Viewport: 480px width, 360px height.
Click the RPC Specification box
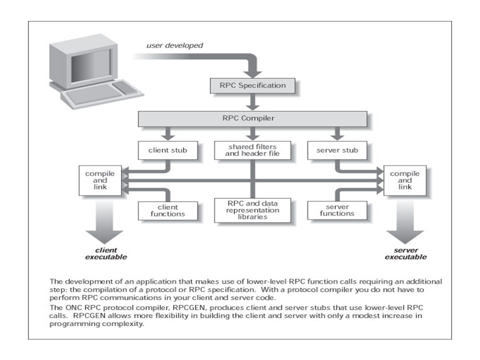click(252, 85)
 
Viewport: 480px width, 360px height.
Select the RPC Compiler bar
click(252, 119)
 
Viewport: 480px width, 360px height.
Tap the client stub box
click(168, 150)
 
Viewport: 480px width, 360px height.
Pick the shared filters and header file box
click(252, 150)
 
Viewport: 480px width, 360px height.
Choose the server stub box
click(337, 150)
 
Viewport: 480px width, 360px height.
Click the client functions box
click(168, 210)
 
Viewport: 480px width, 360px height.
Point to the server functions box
click(337, 210)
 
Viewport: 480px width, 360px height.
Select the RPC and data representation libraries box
click(252, 210)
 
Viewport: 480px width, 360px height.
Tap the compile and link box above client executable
click(100, 180)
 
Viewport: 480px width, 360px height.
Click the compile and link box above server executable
click(404, 180)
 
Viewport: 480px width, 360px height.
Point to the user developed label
click(174, 45)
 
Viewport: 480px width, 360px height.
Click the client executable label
click(106, 254)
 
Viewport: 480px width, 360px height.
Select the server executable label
click(405, 254)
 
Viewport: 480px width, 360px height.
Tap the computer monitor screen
click(91, 65)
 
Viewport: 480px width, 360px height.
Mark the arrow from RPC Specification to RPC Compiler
click(252, 102)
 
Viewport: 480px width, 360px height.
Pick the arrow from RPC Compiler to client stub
click(168, 134)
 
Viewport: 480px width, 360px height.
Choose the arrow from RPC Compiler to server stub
click(337, 134)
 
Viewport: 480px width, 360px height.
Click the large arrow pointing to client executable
click(104, 222)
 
